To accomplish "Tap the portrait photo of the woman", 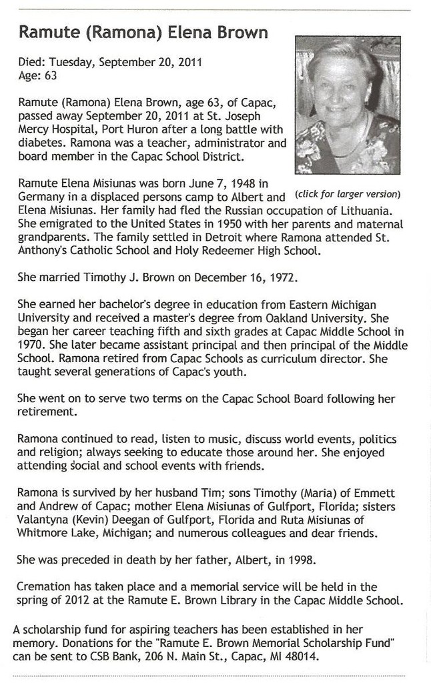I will pyautogui.click(x=347, y=105).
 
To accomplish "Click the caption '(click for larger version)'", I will pyautogui.click(x=347, y=194).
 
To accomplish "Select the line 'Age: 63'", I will pyautogui.click(x=38, y=75).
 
